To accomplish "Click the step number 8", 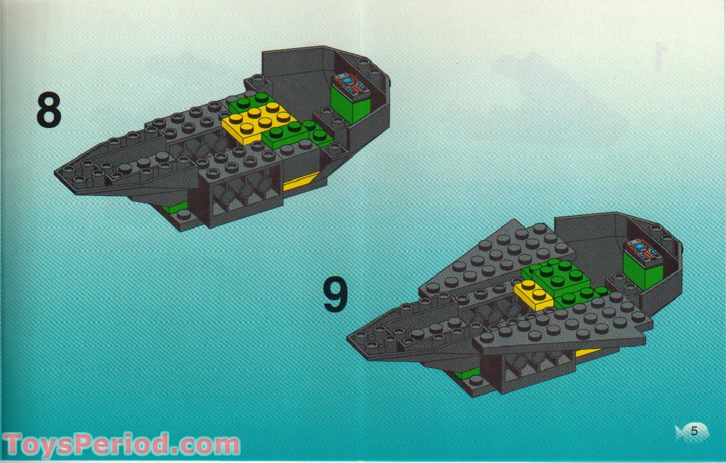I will click(49, 110).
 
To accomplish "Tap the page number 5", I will click(694, 432).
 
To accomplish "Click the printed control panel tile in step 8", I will click(351, 85).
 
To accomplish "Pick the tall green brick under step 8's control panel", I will click(351, 107).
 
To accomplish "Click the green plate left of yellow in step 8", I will click(246, 104).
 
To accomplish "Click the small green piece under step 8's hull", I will click(175, 207).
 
